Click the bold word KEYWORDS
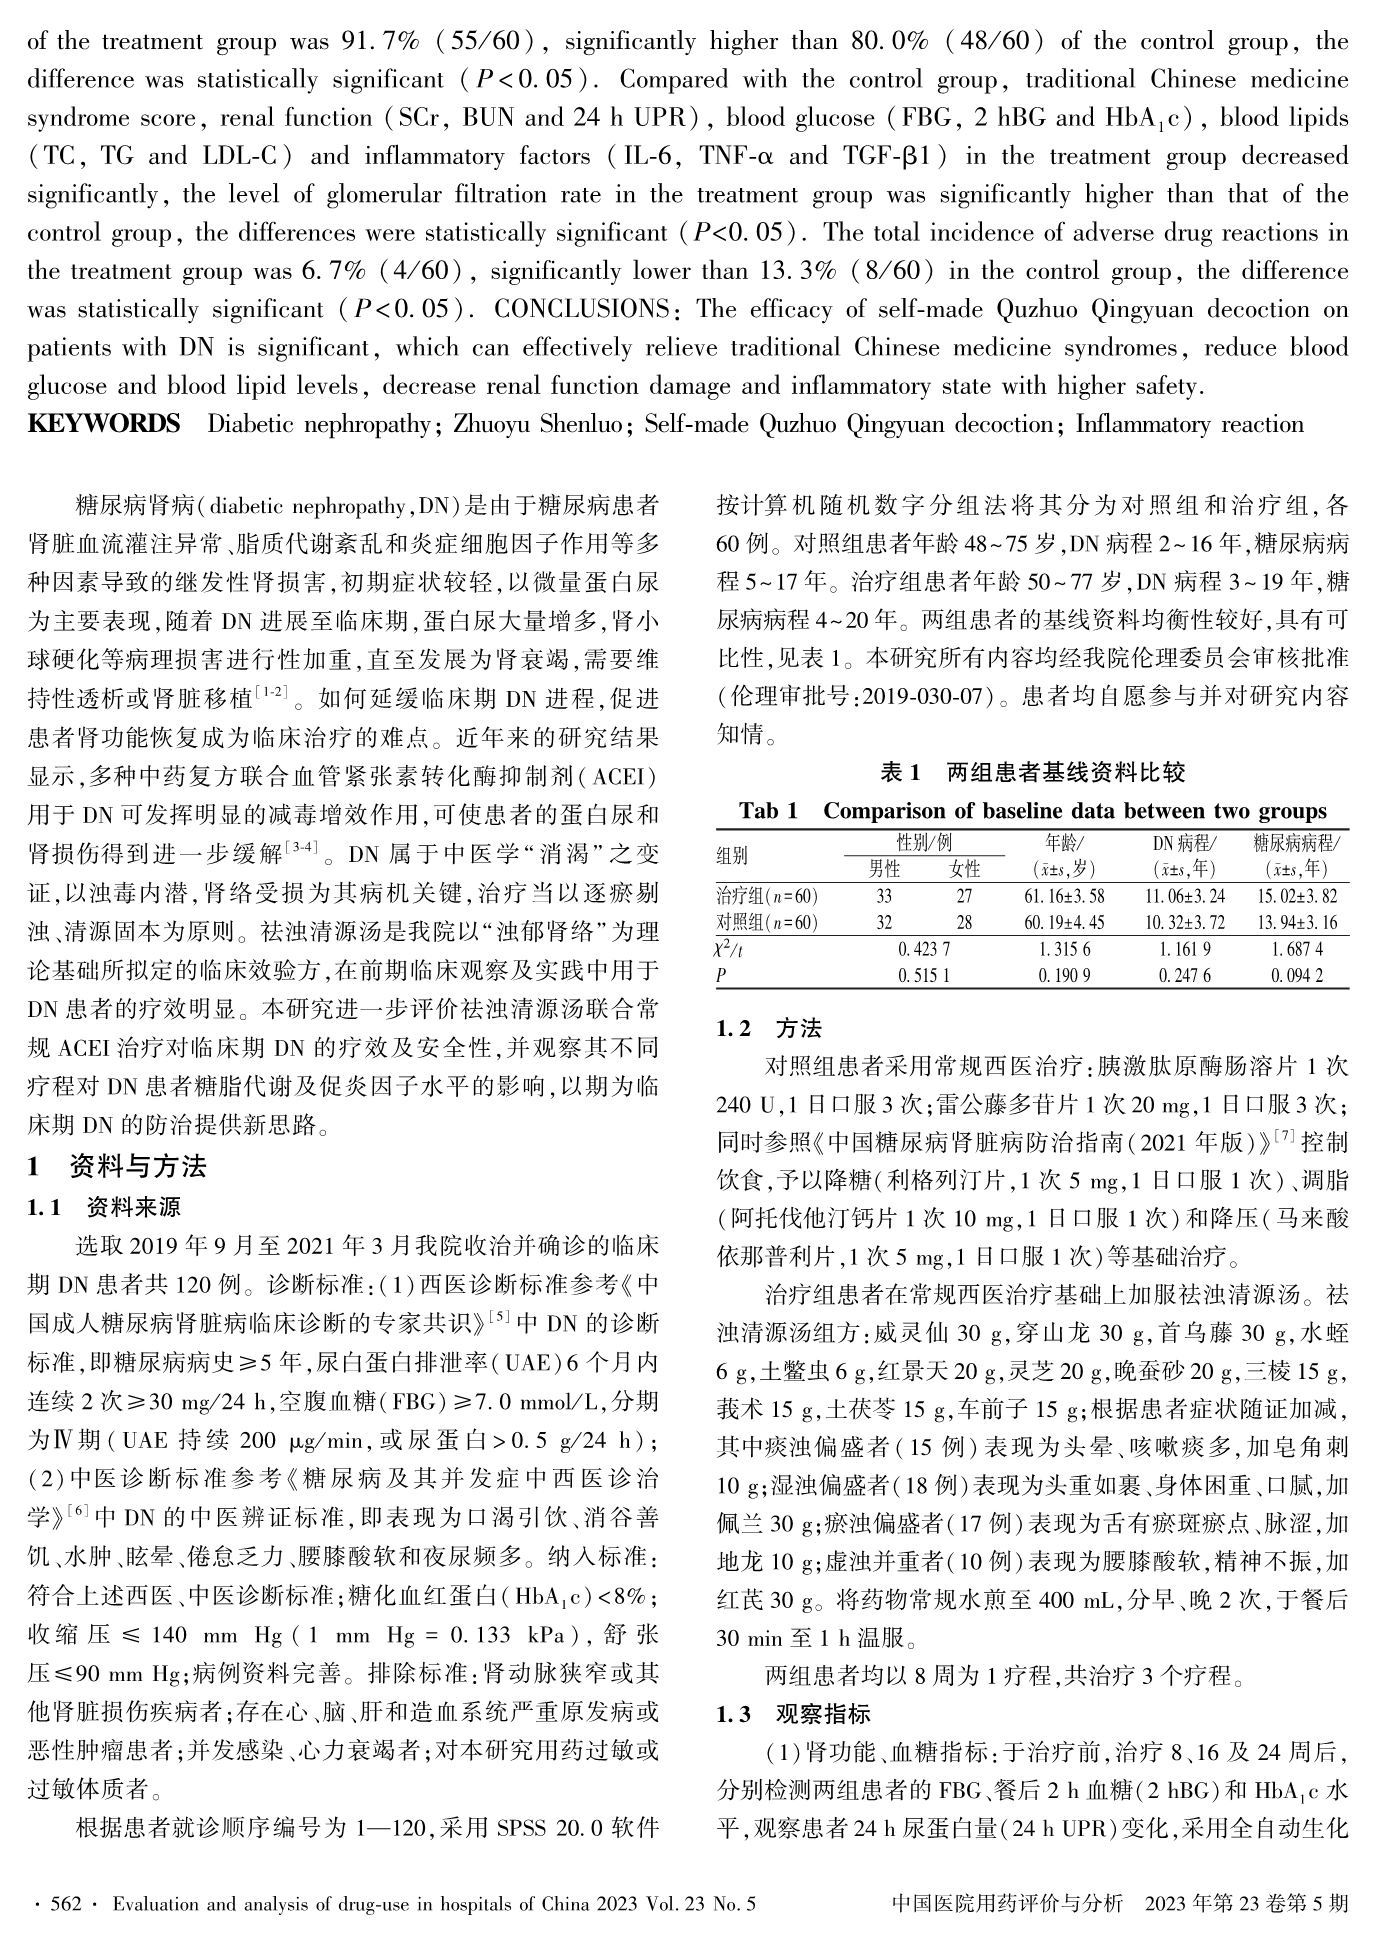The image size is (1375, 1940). point(104,424)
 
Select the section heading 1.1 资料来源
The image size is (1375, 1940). point(104,1207)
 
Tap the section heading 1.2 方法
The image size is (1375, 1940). point(770,1028)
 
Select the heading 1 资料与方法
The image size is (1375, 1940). point(117,1166)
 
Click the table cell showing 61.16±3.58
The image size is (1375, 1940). point(1069,896)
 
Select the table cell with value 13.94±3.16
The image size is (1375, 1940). point(1297,921)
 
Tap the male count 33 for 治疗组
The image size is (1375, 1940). point(883,896)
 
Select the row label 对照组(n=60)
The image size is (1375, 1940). point(768,921)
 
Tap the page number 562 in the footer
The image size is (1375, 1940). point(64,1905)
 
